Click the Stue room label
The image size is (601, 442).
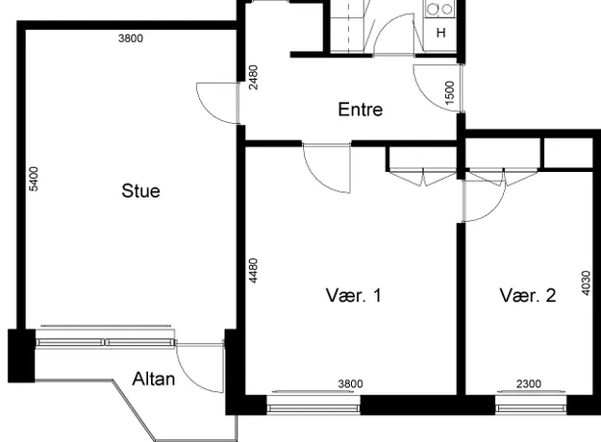pyautogui.click(x=140, y=191)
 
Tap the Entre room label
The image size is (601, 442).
pyautogui.click(x=361, y=110)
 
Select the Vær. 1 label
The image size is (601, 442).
pyautogui.click(x=354, y=295)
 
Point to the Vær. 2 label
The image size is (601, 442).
pyautogui.click(x=528, y=295)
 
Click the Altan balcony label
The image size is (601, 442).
pyautogui.click(x=154, y=379)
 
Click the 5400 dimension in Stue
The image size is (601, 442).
pyautogui.click(x=34, y=179)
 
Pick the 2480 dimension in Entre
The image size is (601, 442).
pyautogui.click(x=253, y=78)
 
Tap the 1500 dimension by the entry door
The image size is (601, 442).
pyautogui.click(x=450, y=92)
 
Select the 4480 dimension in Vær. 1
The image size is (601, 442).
pyautogui.click(x=253, y=271)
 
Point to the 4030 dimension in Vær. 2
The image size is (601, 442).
pyautogui.click(x=586, y=283)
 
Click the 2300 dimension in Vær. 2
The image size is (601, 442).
pyautogui.click(x=529, y=383)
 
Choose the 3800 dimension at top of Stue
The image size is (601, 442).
pyautogui.click(x=131, y=38)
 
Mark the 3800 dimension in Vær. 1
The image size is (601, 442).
pyautogui.click(x=350, y=383)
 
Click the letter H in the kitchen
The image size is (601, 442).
pyautogui.click(x=441, y=33)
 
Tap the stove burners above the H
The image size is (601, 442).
pyautogui.click(x=440, y=9)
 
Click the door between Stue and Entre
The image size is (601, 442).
pyautogui.click(x=218, y=104)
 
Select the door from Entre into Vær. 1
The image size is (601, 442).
pyautogui.click(x=327, y=168)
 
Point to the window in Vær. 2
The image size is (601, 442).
pyautogui.click(x=531, y=406)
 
